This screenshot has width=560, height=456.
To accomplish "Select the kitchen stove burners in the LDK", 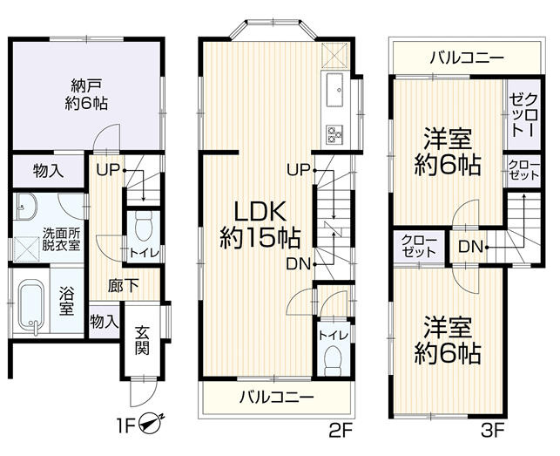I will pos(336,133).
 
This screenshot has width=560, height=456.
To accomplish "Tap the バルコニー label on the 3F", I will pos(466,58).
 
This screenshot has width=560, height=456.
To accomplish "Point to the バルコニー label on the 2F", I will pos(277,398).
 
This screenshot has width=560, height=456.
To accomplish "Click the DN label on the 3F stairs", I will pos(469,247).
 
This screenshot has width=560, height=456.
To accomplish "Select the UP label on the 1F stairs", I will pos(109,169).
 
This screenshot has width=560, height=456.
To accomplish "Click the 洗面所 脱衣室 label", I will pos(62,239).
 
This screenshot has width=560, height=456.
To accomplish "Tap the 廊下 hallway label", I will pos(118,283).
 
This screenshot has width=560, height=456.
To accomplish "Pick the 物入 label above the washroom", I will pos(47,171).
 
